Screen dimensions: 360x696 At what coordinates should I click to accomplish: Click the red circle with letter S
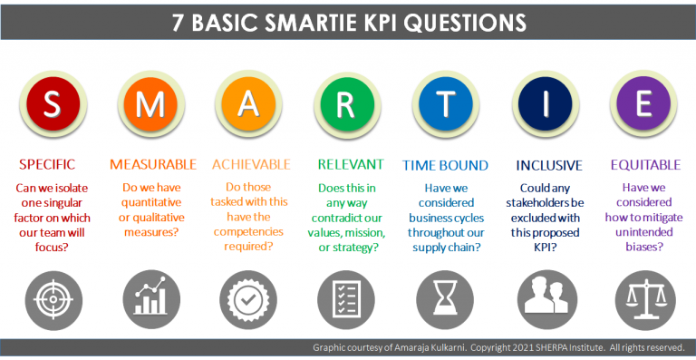click(x=53, y=103)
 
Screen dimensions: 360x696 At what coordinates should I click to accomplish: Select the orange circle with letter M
click(x=151, y=103)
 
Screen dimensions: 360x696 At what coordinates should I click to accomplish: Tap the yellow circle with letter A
click(x=250, y=103)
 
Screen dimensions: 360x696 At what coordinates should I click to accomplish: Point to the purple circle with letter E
click(x=643, y=103)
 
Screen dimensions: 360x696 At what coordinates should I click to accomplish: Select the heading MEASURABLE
click(x=152, y=165)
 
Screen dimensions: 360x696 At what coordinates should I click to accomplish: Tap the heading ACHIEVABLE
click(x=251, y=165)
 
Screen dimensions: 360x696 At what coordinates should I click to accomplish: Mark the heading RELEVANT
click(x=349, y=165)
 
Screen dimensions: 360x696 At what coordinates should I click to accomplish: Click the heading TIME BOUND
click(x=446, y=165)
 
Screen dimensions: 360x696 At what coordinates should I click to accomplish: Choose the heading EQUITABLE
click(x=643, y=165)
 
